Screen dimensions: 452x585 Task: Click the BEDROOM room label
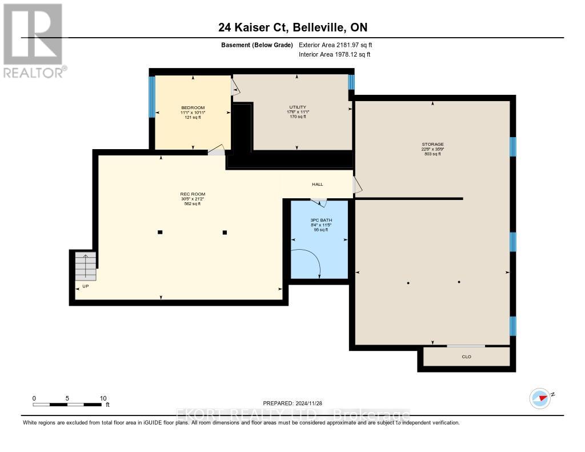pos(193,108)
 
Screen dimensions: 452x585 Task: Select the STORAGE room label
pos(432,145)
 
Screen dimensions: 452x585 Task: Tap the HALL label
pos(317,184)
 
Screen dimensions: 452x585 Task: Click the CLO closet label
pos(466,357)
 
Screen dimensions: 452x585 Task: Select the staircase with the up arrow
pos(86,266)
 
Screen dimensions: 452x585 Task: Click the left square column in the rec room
pos(160,232)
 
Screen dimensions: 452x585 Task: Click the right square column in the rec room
pos(225,232)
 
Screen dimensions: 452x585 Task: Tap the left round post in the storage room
pos(408,283)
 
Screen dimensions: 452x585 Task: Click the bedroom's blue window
pos(152,97)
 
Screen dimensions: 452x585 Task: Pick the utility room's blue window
pos(351,82)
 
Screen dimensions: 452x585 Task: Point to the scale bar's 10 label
pos(103,398)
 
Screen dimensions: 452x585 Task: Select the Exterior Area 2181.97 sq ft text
pos(335,45)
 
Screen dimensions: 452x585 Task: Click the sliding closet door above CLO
pos(466,346)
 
